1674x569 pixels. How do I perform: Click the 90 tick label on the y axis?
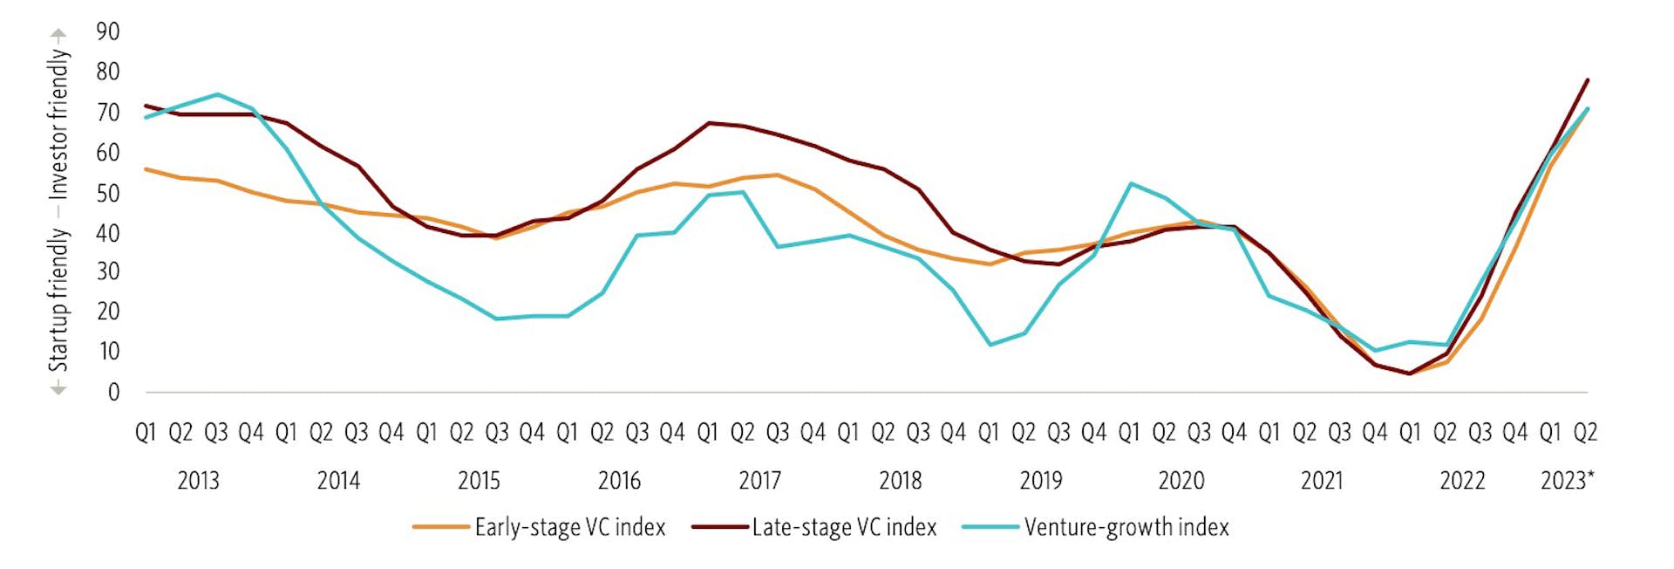107,32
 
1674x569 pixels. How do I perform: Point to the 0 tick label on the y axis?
113,393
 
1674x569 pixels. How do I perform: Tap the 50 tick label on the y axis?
107,193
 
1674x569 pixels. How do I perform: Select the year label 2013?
198,481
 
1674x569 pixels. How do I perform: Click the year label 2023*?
1567,481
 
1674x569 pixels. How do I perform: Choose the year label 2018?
900,481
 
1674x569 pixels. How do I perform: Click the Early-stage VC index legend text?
569,527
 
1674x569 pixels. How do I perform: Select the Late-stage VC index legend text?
844,527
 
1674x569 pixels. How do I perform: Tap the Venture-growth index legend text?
1126,527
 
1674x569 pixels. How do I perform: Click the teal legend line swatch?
990,527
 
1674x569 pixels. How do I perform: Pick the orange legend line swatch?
441,527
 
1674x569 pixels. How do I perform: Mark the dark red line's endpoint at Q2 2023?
1587,80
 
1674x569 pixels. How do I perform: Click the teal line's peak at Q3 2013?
217,94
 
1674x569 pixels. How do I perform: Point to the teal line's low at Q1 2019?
990,345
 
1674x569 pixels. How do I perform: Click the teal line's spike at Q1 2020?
1130,183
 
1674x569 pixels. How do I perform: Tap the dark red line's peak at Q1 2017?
708,123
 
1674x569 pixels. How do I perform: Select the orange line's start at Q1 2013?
146,169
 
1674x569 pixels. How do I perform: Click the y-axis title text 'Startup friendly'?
58,299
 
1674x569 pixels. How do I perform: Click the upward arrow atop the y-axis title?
58,35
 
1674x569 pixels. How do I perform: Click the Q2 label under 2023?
1584,432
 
